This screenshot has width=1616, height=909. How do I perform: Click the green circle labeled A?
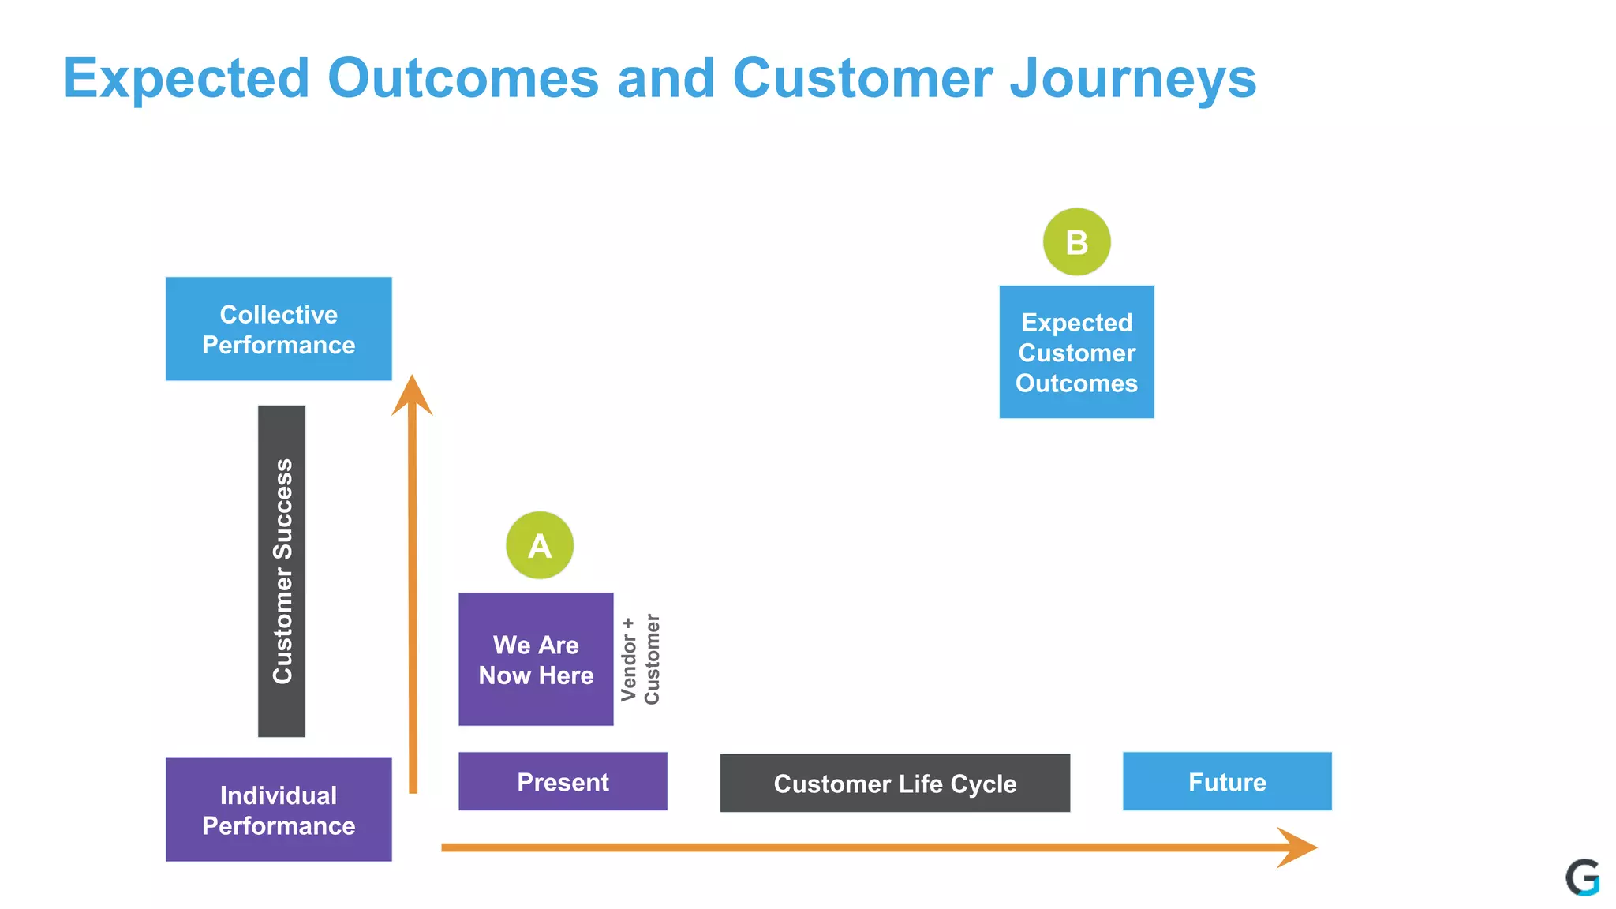click(540, 545)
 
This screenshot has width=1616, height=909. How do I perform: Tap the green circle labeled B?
click(1076, 242)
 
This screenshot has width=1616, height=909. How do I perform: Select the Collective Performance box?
click(279, 329)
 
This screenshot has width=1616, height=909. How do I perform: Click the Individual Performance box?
click(279, 810)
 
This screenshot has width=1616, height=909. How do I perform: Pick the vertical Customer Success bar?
click(282, 571)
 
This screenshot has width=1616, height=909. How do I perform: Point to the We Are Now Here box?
click(536, 660)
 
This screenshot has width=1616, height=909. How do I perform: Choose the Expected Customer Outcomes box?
click(1076, 352)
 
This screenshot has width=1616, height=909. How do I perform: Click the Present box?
click(563, 781)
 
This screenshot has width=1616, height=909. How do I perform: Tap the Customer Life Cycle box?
click(895, 783)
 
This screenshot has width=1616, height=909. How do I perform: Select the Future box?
click(1227, 781)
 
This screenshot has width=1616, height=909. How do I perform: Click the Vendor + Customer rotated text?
click(640, 660)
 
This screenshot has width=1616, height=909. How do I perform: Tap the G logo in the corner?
click(1582, 877)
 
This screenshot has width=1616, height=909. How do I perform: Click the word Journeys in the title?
click(1133, 78)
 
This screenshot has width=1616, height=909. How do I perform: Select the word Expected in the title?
click(186, 78)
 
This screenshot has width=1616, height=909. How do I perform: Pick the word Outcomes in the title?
click(463, 78)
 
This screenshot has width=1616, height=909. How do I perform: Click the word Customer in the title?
click(862, 78)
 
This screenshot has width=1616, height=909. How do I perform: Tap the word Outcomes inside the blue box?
click(1076, 383)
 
